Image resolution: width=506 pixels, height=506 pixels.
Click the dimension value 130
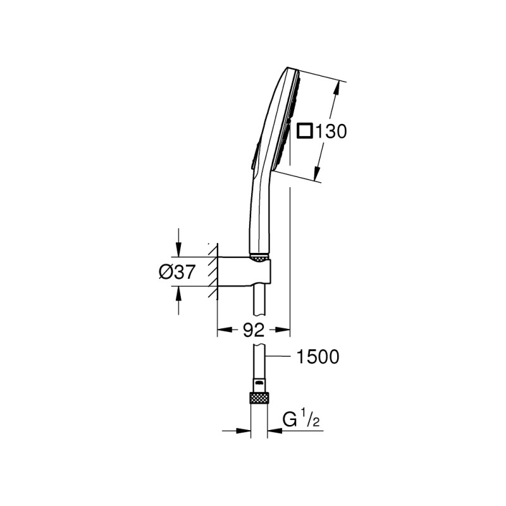(331, 132)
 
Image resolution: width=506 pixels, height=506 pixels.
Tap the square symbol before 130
(306, 131)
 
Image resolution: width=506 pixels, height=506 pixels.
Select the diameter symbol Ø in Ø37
(165, 272)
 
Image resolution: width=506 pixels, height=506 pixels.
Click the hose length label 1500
(318, 357)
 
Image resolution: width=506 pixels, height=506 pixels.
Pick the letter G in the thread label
(290, 419)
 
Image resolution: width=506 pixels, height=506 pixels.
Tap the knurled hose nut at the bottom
(259, 398)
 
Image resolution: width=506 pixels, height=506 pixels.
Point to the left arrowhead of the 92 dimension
(223, 329)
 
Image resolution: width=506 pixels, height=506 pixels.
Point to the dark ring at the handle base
(259, 257)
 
